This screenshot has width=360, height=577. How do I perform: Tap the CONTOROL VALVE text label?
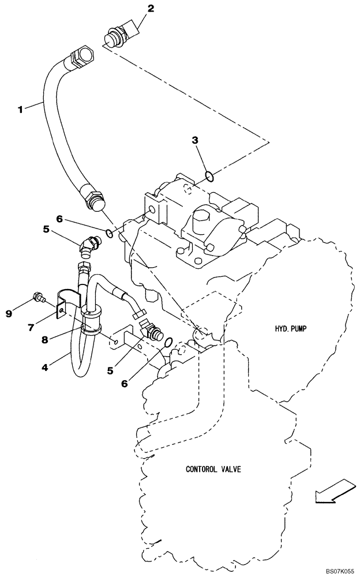[213, 469]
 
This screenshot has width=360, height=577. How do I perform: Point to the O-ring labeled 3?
[211, 175]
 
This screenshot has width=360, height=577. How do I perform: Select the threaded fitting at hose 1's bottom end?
[93, 200]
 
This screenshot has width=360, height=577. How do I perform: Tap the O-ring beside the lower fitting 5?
[168, 343]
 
